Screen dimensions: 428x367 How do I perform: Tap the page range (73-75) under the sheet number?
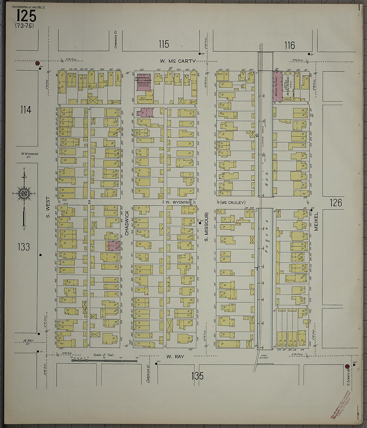24,25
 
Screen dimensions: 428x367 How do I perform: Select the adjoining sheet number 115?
164,44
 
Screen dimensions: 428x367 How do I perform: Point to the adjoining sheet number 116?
290,45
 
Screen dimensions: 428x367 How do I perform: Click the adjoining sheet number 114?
25,110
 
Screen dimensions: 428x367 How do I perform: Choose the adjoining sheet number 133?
24,247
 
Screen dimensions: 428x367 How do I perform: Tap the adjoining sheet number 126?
336,203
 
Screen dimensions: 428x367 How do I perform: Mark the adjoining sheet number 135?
197,376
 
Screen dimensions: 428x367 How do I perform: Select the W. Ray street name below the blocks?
175,357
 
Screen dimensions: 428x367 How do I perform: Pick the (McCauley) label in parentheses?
233,202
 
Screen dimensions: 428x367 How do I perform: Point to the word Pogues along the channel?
266,239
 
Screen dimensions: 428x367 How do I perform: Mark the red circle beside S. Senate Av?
347,366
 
